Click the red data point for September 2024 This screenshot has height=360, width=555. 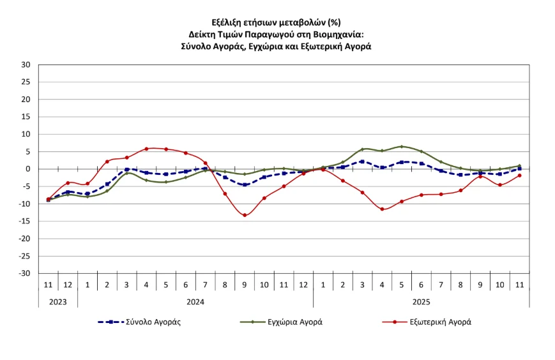(245, 215)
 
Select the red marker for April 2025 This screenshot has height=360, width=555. (382, 209)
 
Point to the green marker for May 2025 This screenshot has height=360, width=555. (402, 146)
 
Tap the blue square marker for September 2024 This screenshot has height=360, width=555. (245, 184)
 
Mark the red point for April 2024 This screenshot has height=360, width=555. (146, 149)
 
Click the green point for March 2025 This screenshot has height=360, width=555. (362, 149)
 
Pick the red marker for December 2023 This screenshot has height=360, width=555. (68, 183)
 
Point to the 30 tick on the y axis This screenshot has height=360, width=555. (26, 64)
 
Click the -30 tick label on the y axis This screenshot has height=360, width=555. (25, 273)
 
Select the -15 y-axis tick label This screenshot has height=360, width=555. (25, 221)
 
